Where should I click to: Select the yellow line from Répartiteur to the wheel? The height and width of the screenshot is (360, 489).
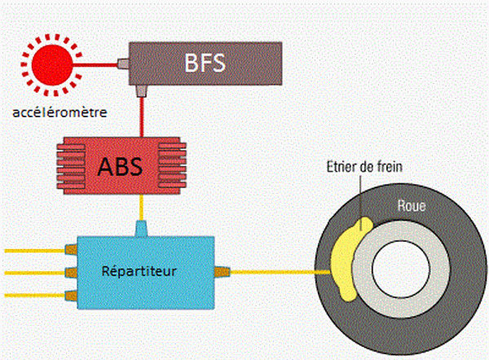point(277,272)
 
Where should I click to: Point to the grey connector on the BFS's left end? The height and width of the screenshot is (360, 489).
point(124,61)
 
